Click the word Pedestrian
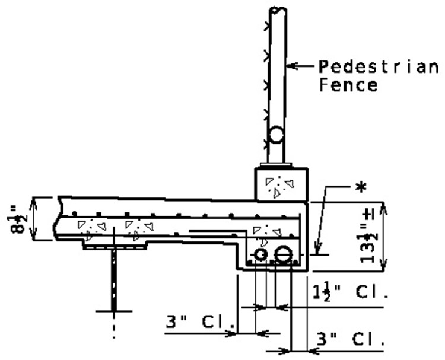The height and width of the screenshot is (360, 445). pos(379,67)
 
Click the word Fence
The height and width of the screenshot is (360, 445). pos(348,85)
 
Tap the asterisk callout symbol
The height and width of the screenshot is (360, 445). pos(361,187)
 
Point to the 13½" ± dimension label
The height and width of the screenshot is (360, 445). pos(368,236)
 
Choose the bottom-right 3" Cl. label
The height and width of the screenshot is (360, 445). pos(350,339)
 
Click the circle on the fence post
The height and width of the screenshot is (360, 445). pos(275,135)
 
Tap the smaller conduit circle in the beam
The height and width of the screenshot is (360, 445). pos(260,254)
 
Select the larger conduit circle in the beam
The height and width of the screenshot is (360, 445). pos(284,254)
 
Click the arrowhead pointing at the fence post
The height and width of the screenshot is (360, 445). pos(293,66)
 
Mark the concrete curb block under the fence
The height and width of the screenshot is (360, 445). pos(281,184)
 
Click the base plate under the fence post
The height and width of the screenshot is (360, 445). pos(276,165)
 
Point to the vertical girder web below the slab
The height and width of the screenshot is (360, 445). pos(114,280)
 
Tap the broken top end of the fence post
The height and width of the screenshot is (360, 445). pos(278,9)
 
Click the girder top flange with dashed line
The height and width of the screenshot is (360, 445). pos(115,245)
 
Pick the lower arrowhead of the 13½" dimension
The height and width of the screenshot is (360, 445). pos(383,266)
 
